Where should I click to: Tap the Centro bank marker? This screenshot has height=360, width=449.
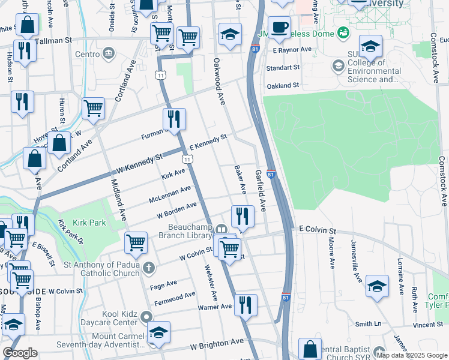click(108, 54)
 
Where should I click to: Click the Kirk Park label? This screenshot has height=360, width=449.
click(89, 223)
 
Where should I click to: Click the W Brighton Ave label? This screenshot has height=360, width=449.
click(217, 344)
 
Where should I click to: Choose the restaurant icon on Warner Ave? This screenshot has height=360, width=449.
click(245, 305)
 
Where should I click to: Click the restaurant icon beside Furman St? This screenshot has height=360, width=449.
click(174, 119)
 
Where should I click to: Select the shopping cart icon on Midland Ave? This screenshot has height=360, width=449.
click(136, 243)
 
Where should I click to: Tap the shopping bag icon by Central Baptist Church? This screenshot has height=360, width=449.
click(310, 349)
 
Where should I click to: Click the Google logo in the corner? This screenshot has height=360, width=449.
click(20, 353)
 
